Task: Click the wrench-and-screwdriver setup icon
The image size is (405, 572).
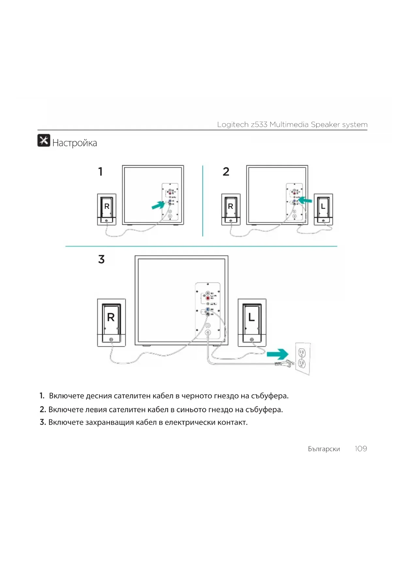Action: (44, 141)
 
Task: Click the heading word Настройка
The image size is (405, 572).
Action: (74, 143)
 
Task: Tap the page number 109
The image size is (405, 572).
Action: (361, 449)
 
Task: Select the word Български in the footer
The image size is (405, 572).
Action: (324, 449)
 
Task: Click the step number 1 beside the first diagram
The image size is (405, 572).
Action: (101, 172)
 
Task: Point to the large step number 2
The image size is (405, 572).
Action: (226, 172)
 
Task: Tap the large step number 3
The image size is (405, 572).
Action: (101, 259)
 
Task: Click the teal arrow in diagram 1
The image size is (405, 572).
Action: (158, 205)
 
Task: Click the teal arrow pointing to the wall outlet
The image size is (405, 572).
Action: (277, 354)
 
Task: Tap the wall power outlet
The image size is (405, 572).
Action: (303, 358)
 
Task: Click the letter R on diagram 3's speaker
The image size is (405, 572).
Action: (111, 317)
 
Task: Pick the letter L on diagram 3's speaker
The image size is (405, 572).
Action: (251, 317)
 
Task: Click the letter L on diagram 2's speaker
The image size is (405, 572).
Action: (323, 206)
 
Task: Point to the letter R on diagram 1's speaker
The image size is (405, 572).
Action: (107, 206)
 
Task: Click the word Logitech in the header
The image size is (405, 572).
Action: (233, 125)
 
